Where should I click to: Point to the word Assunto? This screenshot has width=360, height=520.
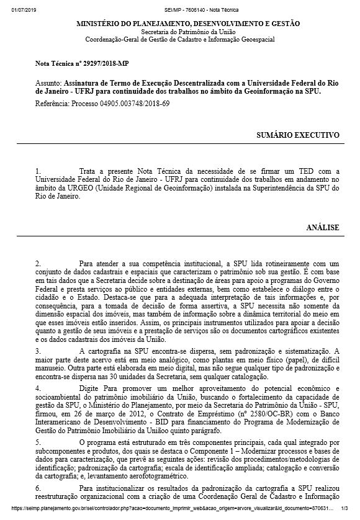pyautogui.click(x=48, y=83)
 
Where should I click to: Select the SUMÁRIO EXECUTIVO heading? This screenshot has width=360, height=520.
pyautogui.click(x=298, y=134)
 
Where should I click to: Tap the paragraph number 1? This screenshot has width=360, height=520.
pyautogui.click(x=38, y=171)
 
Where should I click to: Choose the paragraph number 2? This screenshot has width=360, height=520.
pyautogui.click(x=38, y=263)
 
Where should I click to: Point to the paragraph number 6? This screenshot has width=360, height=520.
pyautogui.click(x=38, y=490)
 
